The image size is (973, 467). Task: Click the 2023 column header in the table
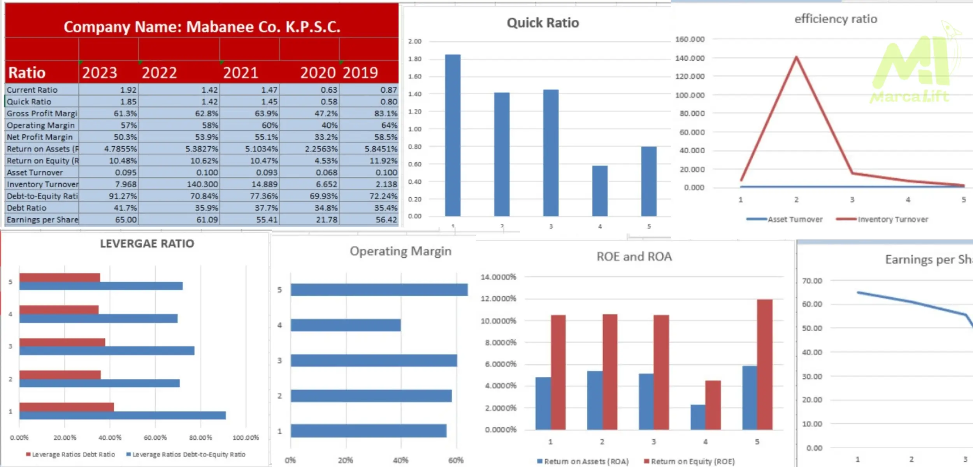(100, 73)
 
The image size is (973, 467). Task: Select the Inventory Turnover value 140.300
(202, 184)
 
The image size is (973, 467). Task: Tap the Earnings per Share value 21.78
(327, 219)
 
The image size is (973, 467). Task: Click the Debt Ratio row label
(26, 208)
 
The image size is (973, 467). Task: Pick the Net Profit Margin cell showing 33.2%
(327, 137)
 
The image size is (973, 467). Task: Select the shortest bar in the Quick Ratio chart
(600, 191)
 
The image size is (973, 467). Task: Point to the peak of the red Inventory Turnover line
(796, 58)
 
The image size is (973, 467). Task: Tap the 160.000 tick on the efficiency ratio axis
(690, 39)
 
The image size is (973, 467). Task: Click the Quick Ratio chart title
(543, 23)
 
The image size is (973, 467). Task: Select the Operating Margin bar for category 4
(346, 325)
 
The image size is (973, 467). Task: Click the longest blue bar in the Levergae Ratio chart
(123, 415)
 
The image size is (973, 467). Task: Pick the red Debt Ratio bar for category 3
(62, 342)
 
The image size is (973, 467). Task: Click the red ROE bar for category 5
(764, 364)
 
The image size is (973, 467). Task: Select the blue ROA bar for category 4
(698, 417)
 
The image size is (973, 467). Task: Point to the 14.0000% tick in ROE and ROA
(498, 277)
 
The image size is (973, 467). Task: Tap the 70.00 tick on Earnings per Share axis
(812, 281)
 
